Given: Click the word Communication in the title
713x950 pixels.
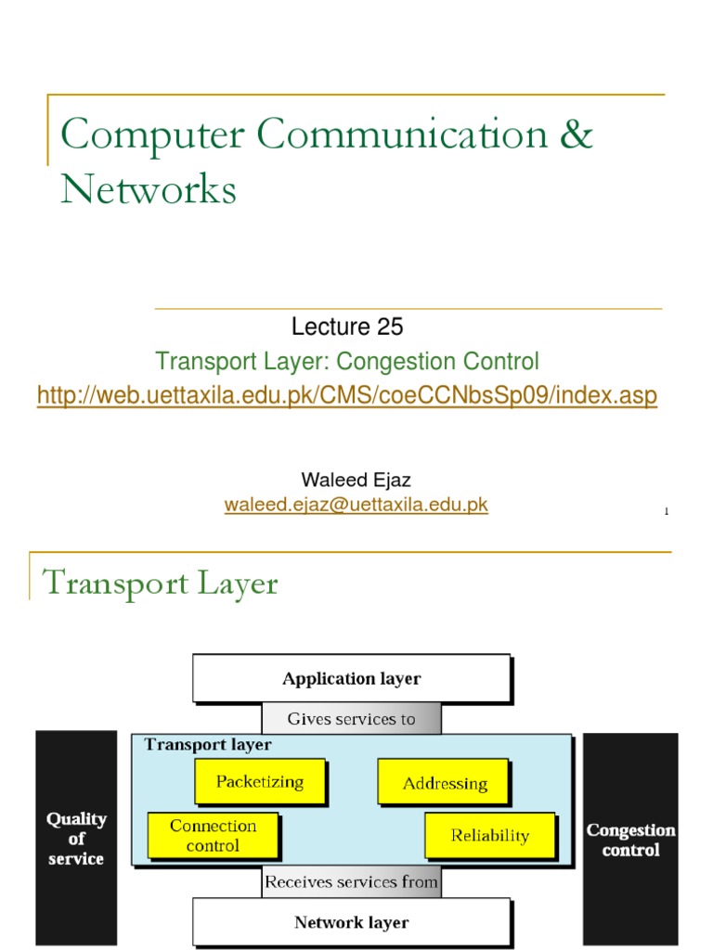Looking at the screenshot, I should click(402, 135).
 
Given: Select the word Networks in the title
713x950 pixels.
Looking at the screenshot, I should click(149, 190).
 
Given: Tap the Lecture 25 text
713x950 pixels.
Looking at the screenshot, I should click(347, 327).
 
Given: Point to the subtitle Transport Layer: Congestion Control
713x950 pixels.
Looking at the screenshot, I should click(346, 361).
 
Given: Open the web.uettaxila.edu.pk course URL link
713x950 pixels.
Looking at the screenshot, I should click(346, 396).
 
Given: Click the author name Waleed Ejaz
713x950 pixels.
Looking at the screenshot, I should click(356, 480).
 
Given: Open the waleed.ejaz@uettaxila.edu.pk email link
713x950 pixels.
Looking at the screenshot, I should click(356, 505).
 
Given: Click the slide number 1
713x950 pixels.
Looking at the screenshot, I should click(667, 511).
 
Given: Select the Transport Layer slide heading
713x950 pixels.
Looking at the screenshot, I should click(161, 584).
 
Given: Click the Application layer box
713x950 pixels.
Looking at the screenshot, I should click(351, 678).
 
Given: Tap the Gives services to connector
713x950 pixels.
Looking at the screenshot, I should click(351, 719).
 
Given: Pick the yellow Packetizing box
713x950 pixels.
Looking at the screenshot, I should click(260, 781).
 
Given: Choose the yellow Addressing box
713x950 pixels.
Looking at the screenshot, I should click(445, 783).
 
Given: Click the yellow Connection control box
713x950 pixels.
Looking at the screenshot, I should click(213, 835).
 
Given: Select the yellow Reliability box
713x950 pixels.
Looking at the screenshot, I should click(489, 835).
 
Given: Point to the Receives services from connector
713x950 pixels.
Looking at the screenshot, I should click(351, 882).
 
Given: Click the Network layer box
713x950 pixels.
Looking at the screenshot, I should click(351, 922).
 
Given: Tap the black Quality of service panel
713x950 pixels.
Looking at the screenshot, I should click(76, 838).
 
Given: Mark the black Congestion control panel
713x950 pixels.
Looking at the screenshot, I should click(630, 838).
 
